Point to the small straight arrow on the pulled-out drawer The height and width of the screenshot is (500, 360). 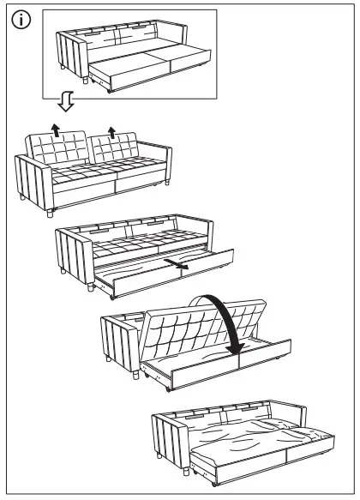tap(179, 267)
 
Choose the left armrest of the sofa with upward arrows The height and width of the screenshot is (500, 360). tap(33, 180)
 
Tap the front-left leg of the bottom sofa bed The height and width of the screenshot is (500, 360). tap(186, 467)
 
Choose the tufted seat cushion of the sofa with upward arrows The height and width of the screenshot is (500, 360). tap(94, 177)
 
